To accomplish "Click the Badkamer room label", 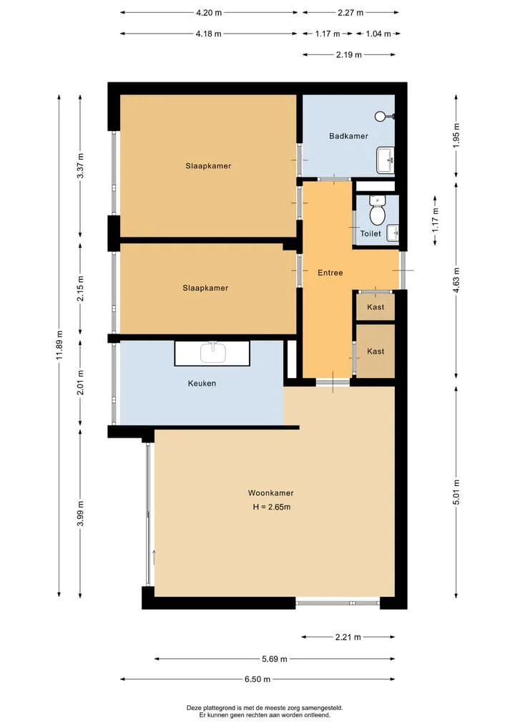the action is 348,136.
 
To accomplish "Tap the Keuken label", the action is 202,384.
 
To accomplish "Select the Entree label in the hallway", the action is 330,273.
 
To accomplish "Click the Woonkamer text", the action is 270,493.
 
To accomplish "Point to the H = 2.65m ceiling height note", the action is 272,507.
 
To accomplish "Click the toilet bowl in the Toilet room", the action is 377,211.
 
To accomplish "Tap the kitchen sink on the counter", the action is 213,353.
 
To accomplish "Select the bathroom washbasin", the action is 385,160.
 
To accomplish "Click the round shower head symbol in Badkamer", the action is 381,116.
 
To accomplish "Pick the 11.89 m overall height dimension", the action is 59,346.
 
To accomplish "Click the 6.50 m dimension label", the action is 257,679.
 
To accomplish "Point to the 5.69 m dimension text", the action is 274,659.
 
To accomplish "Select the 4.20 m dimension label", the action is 209,13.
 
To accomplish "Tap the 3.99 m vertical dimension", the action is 80,513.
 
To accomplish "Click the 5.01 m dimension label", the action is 456,492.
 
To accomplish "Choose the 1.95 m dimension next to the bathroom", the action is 456,135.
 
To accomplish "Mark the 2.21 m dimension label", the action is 348,638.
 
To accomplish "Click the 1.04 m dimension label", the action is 378,34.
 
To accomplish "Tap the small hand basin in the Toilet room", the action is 393,233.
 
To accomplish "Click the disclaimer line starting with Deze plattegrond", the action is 265,708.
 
